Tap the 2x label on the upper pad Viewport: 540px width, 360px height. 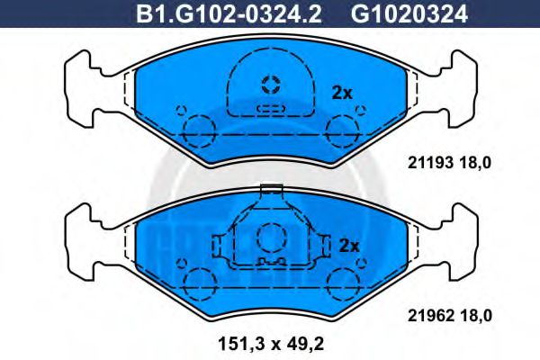(342, 93)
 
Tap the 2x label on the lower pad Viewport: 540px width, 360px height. (348, 245)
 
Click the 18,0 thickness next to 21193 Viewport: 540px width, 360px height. (476, 163)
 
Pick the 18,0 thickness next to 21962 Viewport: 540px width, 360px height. (476, 315)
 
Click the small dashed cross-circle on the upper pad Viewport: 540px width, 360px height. (270, 85)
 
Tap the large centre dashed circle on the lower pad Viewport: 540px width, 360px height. (270, 239)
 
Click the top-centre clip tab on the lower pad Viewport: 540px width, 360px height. (270, 191)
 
